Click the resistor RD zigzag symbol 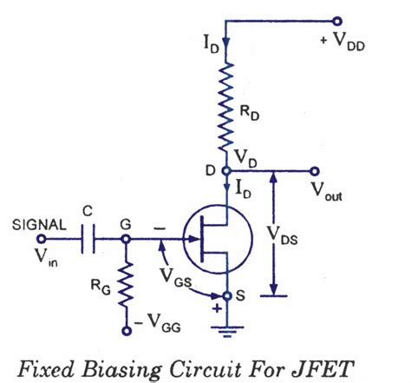click(x=225, y=109)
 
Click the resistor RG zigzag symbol click(x=127, y=283)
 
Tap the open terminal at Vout click(x=337, y=172)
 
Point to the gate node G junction click(x=127, y=237)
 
